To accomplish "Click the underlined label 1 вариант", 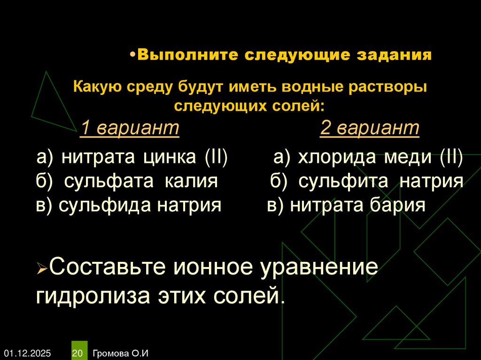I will (130, 128).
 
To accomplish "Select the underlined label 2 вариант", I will (370, 128).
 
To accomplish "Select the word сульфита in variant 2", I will (343, 182).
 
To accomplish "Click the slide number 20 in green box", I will (78, 352).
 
